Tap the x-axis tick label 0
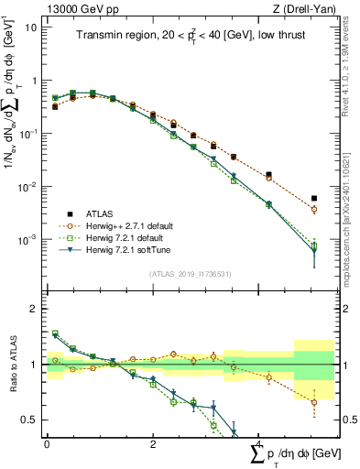click(47, 444)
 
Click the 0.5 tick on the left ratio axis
click(32, 420)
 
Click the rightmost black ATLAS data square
click(314, 198)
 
